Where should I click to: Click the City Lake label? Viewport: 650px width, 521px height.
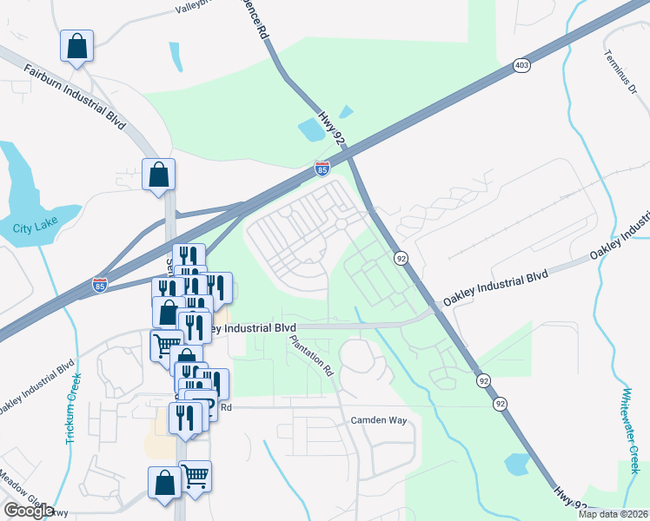pyautogui.click(x=32, y=229)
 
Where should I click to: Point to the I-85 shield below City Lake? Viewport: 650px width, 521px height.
pyautogui.click(x=101, y=285)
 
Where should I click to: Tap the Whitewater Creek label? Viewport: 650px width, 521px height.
pyautogui.click(x=627, y=431)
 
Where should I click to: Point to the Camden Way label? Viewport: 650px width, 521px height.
pyautogui.click(x=379, y=420)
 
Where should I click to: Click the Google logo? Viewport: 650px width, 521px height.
pyautogui.click(x=29, y=511)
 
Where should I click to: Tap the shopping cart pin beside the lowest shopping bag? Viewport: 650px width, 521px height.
pyautogui.click(x=196, y=476)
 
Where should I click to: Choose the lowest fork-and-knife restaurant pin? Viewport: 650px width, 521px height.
pyautogui.click(x=184, y=418)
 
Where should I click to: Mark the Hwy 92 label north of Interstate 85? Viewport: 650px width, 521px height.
pyautogui.click(x=333, y=128)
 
